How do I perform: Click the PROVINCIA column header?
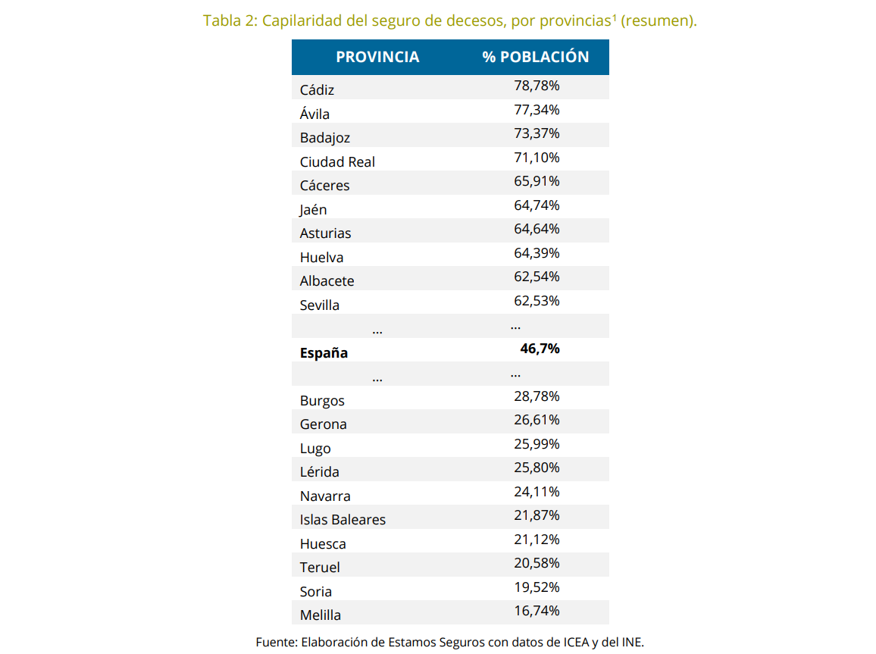(x=377, y=58)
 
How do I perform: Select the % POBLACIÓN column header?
(x=535, y=58)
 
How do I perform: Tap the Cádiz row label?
(x=317, y=89)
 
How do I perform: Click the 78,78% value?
(x=537, y=86)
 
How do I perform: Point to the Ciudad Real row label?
(x=337, y=161)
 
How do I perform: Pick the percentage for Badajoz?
(x=537, y=133)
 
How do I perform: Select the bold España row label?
(x=324, y=352)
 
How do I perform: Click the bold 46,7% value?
(x=540, y=349)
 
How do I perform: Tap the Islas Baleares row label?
(x=343, y=520)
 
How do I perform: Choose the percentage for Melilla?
(x=537, y=611)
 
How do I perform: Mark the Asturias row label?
(x=325, y=233)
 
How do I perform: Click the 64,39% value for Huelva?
(x=537, y=253)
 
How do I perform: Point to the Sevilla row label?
(x=320, y=305)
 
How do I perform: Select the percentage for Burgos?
(x=537, y=396)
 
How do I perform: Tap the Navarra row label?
(x=325, y=496)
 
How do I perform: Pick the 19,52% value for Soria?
(x=537, y=587)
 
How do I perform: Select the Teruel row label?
(x=320, y=568)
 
